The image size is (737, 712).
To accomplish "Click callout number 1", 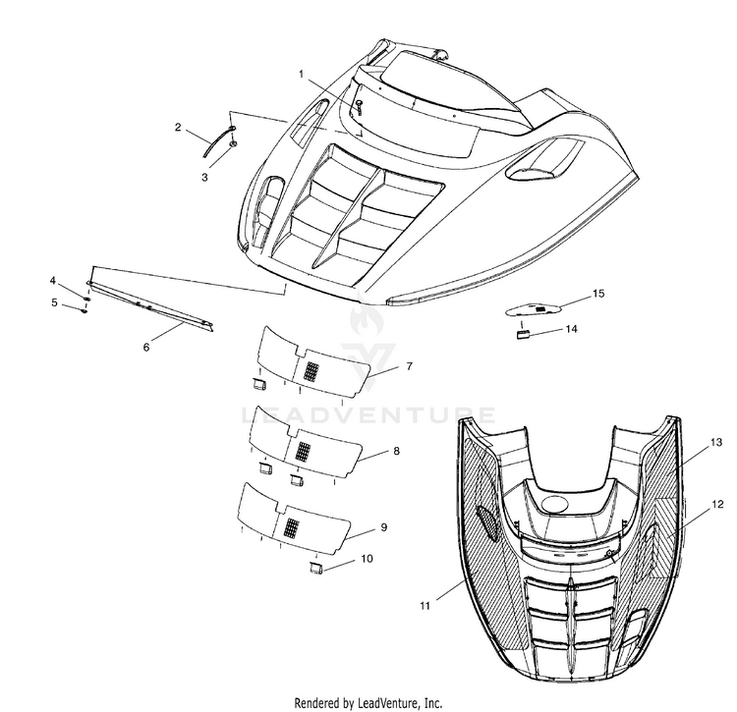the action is coord(302,75).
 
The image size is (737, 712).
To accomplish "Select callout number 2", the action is coord(178,128).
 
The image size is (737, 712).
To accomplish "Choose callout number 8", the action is coord(395,451).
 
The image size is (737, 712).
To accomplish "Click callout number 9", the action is coord(383,527).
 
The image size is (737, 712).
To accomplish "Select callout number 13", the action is coord(716,443).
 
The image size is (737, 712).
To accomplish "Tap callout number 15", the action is coord(597,294).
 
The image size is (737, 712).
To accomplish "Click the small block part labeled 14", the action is coord(523,333).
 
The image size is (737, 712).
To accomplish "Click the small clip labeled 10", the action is coord(317,567).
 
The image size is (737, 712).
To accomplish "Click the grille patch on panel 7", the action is coord(311,371).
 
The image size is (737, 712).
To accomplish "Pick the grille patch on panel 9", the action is coord(290,524).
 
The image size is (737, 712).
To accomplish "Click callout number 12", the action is coord(718,504).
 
